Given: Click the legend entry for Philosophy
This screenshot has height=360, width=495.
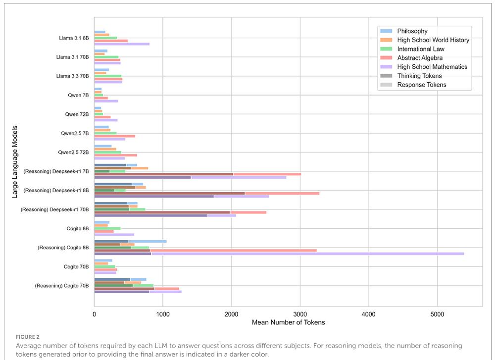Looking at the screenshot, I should [x=412, y=31].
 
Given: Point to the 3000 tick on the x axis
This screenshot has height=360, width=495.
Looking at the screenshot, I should [x=299, y=314].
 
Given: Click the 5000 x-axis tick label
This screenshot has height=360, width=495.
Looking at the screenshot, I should [x=437, y=314].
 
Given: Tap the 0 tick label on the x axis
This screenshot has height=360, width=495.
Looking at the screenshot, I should [x=95, y=314].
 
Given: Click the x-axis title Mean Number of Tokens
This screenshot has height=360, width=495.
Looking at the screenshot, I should [x=288, y=322].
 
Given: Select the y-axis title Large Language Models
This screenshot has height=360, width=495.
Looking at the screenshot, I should [x=15, y=162].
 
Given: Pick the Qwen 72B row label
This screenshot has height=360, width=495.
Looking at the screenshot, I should [x=77, y=114].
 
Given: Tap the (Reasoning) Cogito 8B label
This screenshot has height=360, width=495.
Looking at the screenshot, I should [x=63, y=247].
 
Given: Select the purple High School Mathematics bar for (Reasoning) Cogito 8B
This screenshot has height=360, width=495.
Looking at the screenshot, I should [x=307, y=254].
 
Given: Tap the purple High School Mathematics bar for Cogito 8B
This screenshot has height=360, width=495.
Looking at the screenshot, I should [x=114, y=235].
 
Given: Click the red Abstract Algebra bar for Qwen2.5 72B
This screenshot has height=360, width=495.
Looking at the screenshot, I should [x=115, y=155].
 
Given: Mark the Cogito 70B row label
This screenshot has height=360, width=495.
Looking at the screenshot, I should [x=77, y=266].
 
